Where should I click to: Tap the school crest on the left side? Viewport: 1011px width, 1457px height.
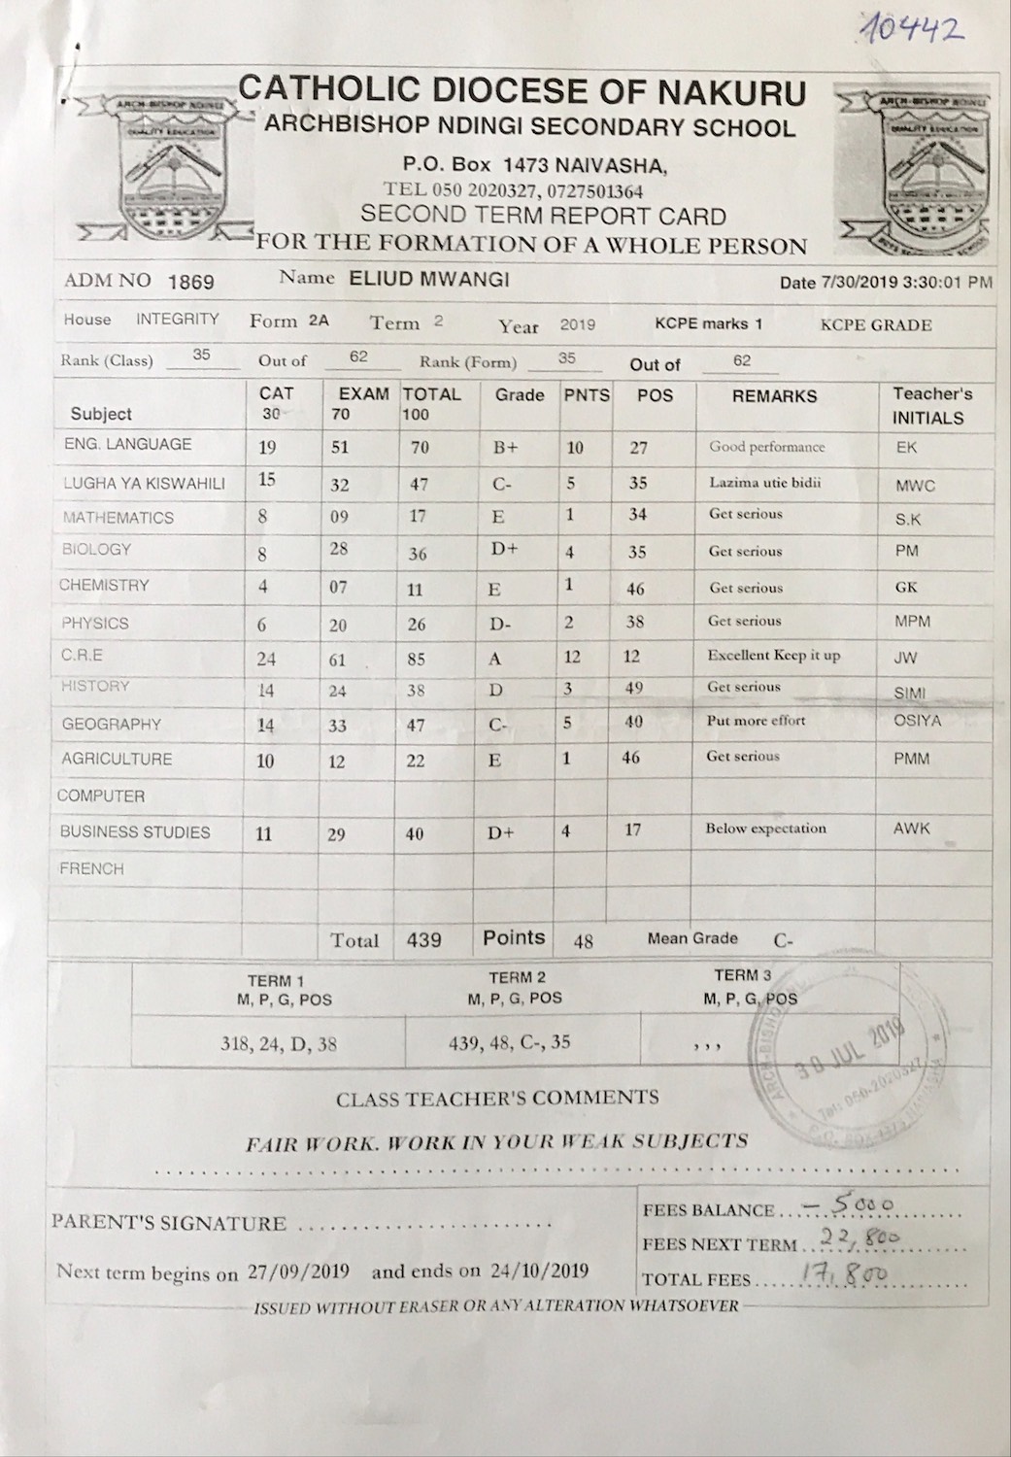pyautogui.click(x=157, y=165)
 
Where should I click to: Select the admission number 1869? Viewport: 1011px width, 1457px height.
pyautogui.click(x=190, y=283)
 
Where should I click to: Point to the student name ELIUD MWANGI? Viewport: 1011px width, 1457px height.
pyautogui.click(x=425, y=281)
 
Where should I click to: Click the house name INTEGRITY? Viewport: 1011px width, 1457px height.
pyautogui.click(x=178, y=319)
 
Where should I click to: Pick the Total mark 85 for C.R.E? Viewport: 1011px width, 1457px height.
pyautogui.click(x=416, y=659)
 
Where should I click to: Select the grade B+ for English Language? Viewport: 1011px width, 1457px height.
pyautogui.click(x=505, y=448)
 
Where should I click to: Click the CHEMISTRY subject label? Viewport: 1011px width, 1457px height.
pyautogui.click(x=104, y=586)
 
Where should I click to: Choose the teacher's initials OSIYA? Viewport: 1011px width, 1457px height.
pyautogui.click(x=918, y=721)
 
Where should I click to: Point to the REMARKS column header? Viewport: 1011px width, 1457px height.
pyautogui.click(x=774, y=396)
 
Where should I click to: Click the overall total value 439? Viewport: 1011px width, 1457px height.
pyautogui.click(x=423, y=939)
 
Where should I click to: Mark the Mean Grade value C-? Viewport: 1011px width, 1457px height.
pyautogui.click(x=784, y=940)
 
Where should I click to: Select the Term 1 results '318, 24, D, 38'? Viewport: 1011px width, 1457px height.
pyautogui.click(x=280, y=1044)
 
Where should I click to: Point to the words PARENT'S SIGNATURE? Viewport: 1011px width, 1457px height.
pyautogui.click(x=169, y=1223)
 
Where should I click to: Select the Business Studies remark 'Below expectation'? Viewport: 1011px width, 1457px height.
pyautogui.click(x=765, y=829)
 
